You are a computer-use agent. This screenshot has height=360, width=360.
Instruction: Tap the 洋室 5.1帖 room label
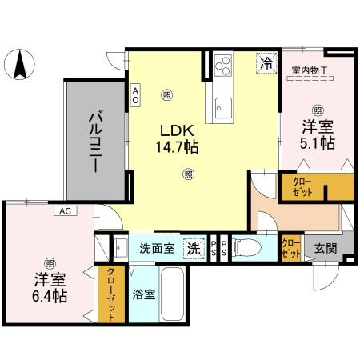pyautogui.click(x=318, y=134)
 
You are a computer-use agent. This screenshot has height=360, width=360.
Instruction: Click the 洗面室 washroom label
pyautogui.click(x=156, y=248)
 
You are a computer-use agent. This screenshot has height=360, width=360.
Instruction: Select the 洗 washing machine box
pyautogui.click(x=194, y=248)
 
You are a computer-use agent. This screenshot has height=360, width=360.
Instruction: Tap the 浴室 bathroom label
pyautogui.click(x=144, y=294)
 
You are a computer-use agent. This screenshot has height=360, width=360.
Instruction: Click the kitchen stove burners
pyautogui.click(x=221, y=65)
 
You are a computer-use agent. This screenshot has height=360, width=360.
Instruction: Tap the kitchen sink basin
pyautogui.click(x=221, y=105)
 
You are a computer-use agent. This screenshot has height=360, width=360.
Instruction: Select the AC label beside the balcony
pyautogui.click(x=136, y=96)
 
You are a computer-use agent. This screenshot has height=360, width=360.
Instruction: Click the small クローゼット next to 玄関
pyautogui.click(x=291, y=248)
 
